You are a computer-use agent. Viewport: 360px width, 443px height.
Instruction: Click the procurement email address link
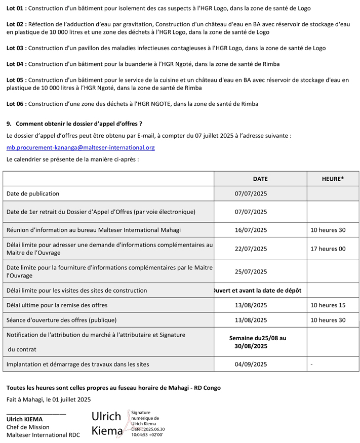point(81,148)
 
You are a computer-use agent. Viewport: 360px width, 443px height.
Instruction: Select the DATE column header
point(260,179)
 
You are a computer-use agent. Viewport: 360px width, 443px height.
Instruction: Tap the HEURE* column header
point(333,179)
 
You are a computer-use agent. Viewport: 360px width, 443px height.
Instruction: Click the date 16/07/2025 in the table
point(251,230)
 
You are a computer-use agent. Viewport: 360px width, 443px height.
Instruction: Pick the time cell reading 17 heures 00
point(328,249)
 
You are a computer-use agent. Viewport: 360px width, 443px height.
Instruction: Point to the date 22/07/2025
point(251,249)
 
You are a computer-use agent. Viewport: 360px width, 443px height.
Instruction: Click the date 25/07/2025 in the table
point(251,271)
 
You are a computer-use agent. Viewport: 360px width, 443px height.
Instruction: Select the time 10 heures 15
point(328,305)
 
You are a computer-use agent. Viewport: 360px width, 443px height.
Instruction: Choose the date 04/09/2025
point(251,364)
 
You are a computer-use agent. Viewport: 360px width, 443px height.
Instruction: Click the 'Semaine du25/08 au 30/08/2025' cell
point(258,342)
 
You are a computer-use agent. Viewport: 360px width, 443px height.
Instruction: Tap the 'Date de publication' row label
point(33,193)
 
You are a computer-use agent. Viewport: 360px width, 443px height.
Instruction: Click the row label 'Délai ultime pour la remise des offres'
point(57,305)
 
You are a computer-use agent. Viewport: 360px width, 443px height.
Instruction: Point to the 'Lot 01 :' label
point(17,9)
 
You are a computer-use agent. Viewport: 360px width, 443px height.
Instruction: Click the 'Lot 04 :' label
point(17,64)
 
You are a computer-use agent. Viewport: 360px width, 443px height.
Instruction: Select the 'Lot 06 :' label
point(17,104)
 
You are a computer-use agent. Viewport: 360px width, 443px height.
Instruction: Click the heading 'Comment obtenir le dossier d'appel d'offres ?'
point(78,124)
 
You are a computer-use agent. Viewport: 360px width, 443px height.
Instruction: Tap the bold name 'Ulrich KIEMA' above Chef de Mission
point(24,419)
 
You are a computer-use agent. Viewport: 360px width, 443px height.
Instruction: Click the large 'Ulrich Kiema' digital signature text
point(106,424)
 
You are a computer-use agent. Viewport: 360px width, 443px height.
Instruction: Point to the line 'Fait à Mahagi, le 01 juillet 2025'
point(49,399)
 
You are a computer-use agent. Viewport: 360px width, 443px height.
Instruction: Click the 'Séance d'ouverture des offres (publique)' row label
point(61,320)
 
